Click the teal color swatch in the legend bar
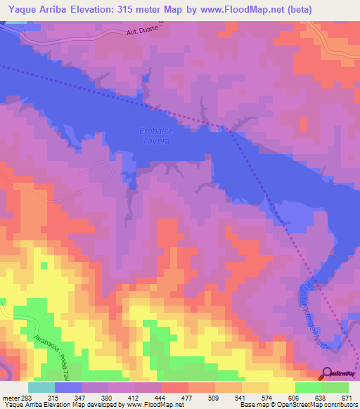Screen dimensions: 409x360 pyautogui.click(x=41, y=387)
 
